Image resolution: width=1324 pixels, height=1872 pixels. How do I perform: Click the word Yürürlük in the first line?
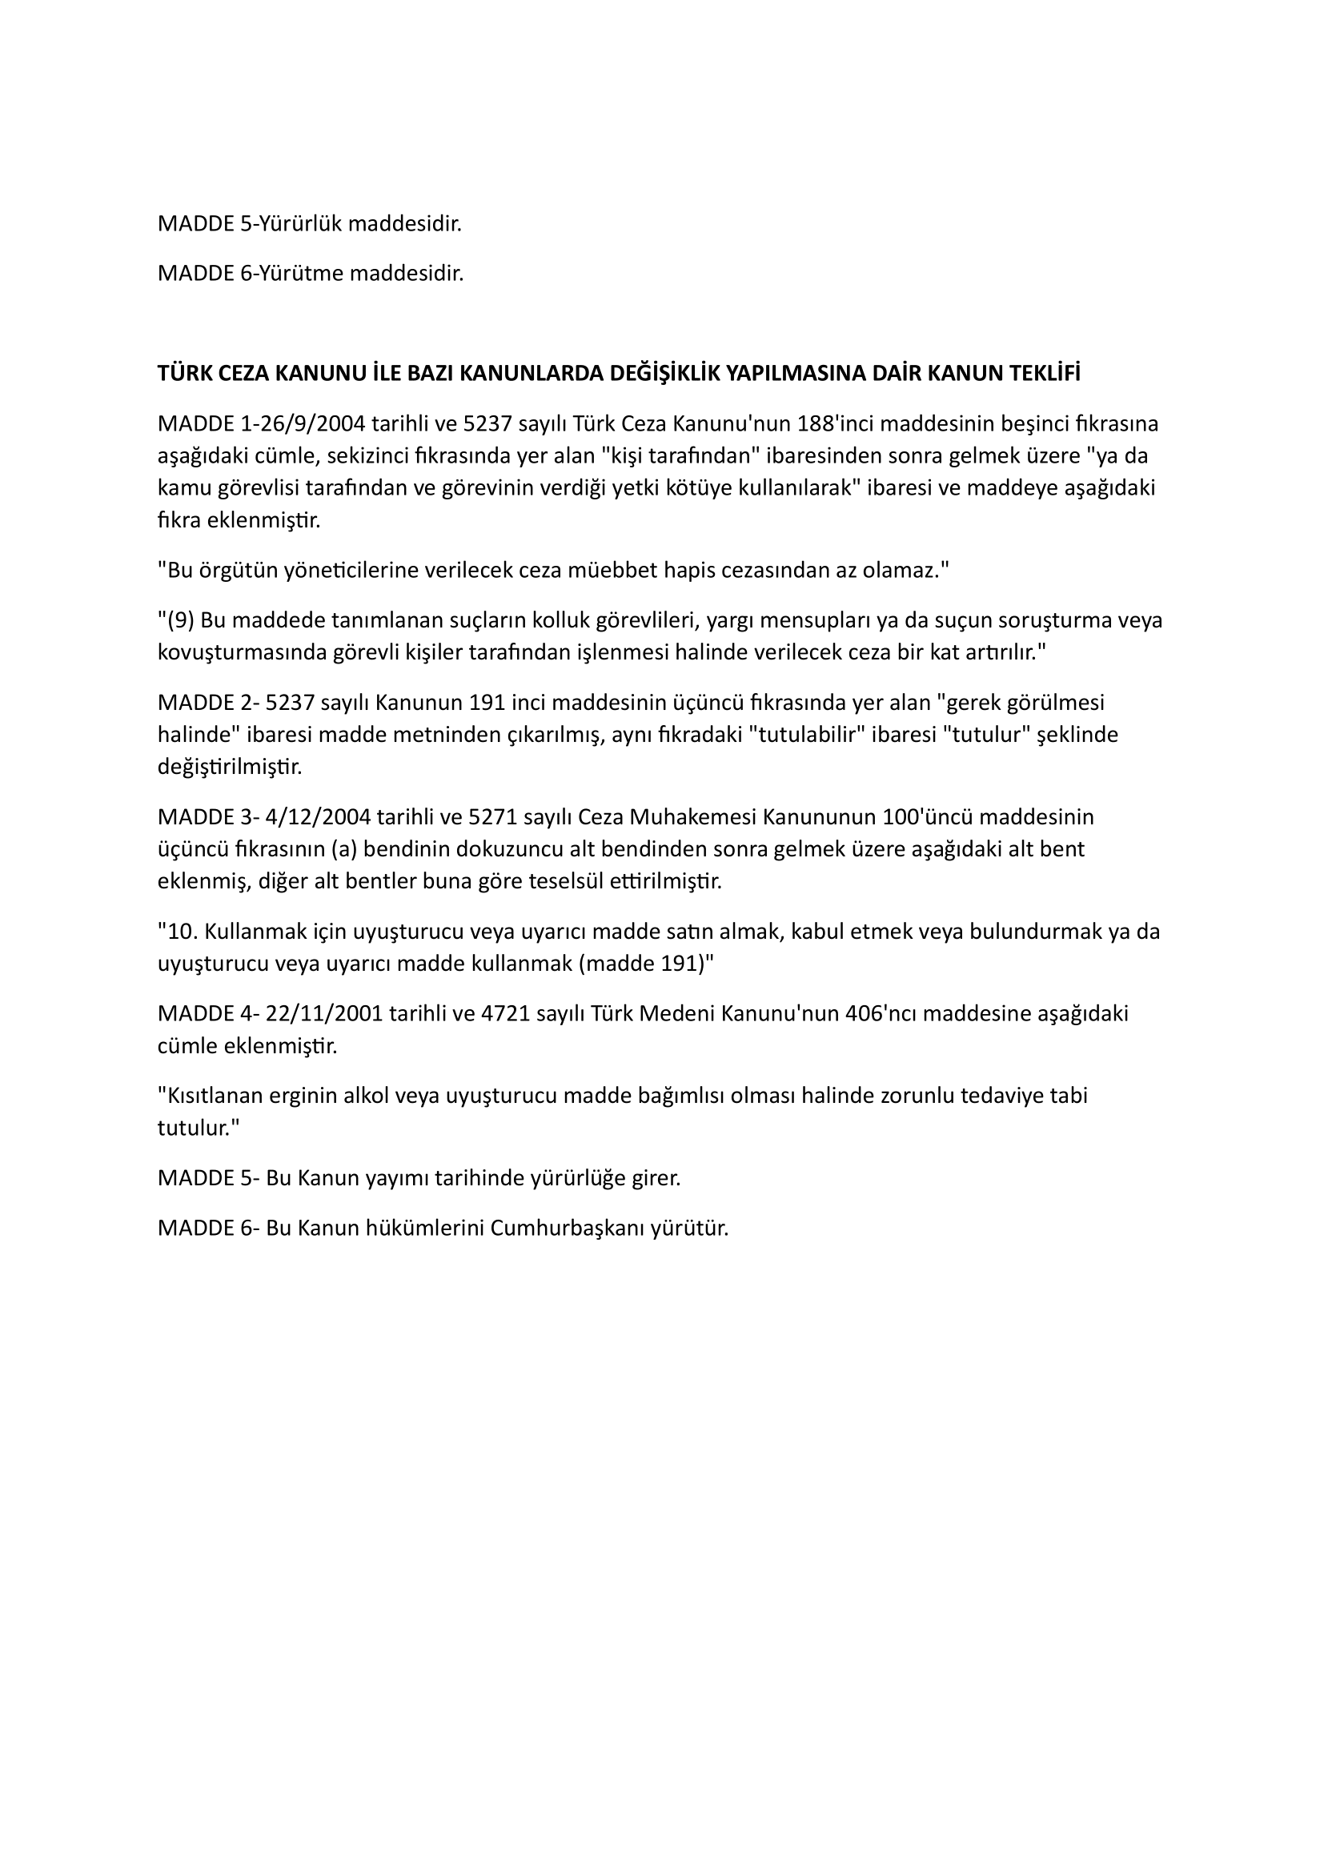pyautogui.click(x=302, y=224)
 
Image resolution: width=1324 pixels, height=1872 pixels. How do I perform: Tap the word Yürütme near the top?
pyautogui.click(x=303, y=274)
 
